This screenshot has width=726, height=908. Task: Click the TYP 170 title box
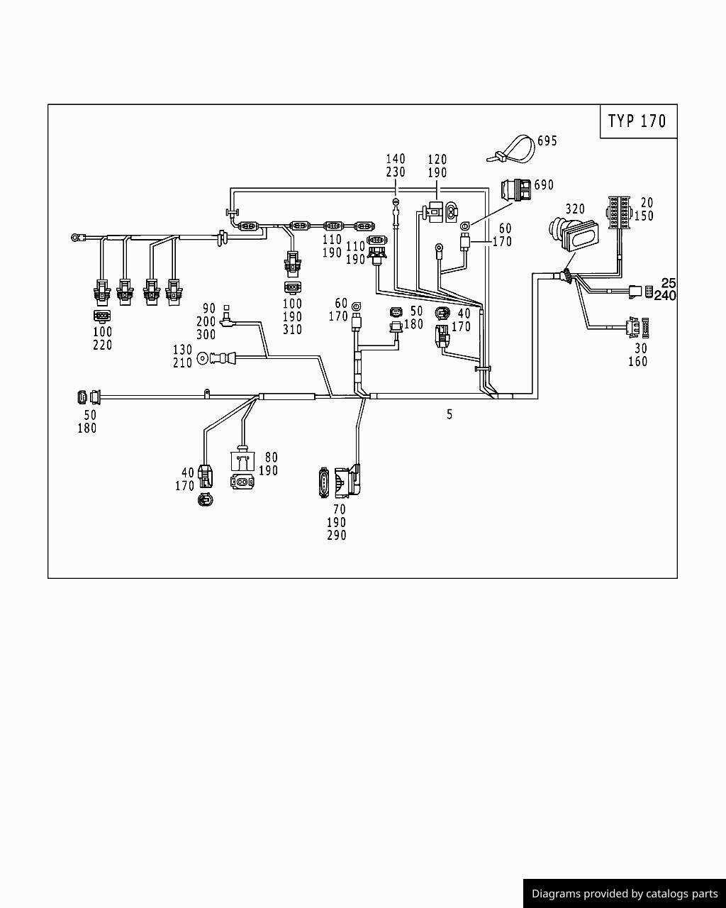point(638,121)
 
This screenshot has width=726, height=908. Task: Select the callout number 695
point(547,141)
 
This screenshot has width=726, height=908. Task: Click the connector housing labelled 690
point(515,191)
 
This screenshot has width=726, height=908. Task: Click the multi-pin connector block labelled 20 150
point(618,211)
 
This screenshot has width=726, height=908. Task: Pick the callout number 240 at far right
point(665,296)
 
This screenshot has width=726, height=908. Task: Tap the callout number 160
point(637,362)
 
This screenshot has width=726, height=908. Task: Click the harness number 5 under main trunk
point(449,414)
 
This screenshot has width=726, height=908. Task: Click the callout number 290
point(337,536)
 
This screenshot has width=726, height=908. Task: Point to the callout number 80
point(272,458)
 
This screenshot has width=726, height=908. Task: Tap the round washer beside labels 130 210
point(202,359)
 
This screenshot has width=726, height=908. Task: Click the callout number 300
point(206,335)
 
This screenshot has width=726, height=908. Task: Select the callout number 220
point(103,345)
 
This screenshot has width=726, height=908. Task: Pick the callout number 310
point(292,330)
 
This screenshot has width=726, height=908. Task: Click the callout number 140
point(396,159)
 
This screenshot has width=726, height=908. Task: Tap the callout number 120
point(437,159)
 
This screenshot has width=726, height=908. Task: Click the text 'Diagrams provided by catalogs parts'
point(625,894)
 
